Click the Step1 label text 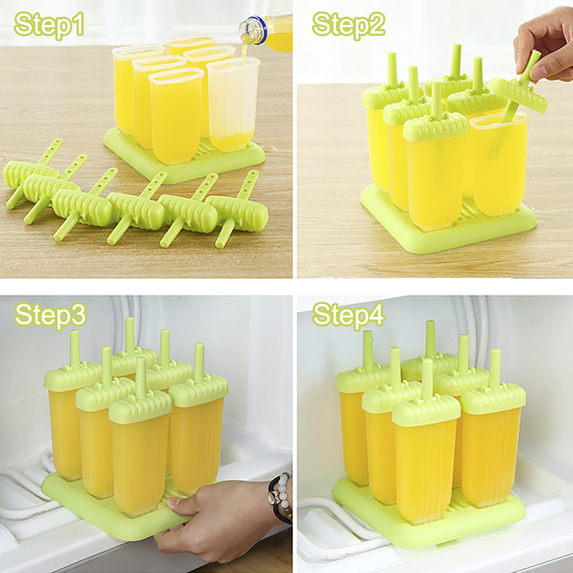[49, 25]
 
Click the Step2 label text [349, 25]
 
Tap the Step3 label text [50, 315]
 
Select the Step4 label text [349, 315]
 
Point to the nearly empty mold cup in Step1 [233, 105]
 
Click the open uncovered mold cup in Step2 [499, 163]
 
